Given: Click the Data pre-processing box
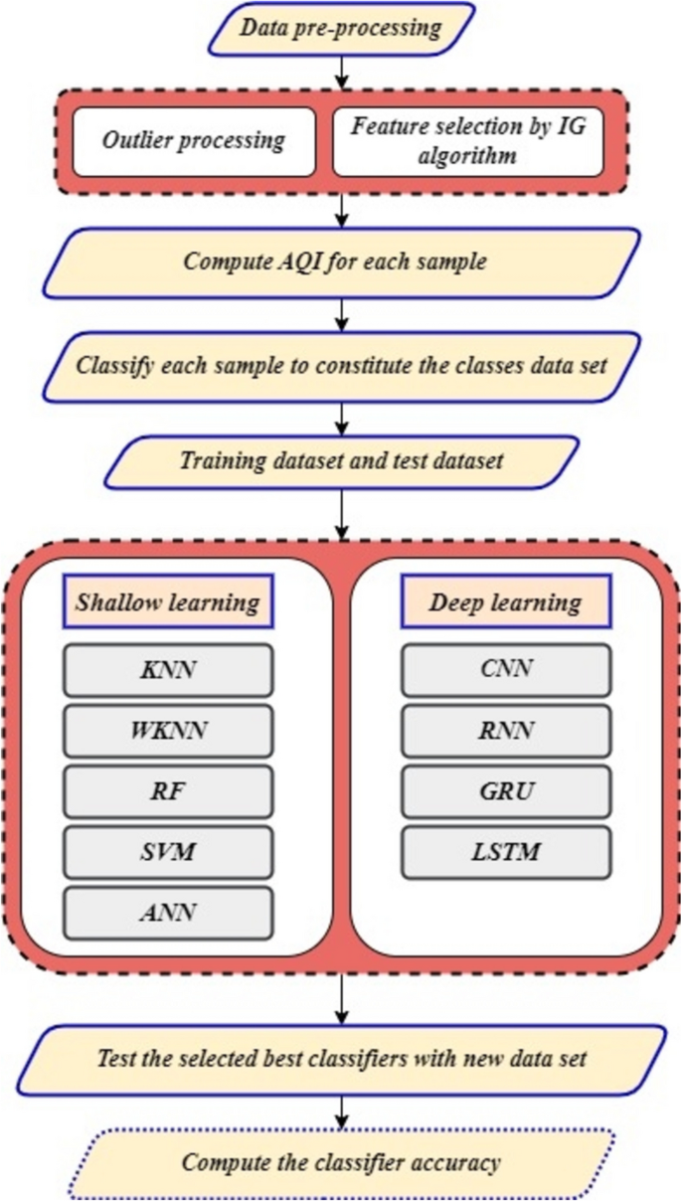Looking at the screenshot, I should (341, 28).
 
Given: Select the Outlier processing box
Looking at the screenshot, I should (194, 140).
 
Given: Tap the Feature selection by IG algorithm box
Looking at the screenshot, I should (467, 140).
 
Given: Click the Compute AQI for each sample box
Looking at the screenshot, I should (341, 262).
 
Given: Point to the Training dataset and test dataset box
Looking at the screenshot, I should (341, 461).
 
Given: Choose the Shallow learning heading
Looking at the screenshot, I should (168, 602).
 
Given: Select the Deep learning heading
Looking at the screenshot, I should (506, 602).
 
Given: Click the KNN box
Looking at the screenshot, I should (168, 670).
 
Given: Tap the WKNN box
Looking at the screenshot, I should (168, 731).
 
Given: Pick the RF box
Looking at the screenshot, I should (168, 791).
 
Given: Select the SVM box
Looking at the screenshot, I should (168, 852).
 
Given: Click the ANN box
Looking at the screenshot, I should (168, 913).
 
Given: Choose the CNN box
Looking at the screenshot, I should (506, 670).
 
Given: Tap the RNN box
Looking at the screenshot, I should (506, 731).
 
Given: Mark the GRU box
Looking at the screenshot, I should (506, 791).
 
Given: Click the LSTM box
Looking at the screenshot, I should (506, 852).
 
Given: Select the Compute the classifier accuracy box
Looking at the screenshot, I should (341, 1161).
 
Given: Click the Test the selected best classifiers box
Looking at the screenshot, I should (341, 1059).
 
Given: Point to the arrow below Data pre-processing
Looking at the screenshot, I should (341, 71).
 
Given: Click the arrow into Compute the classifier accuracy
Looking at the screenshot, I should (341, 1111).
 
